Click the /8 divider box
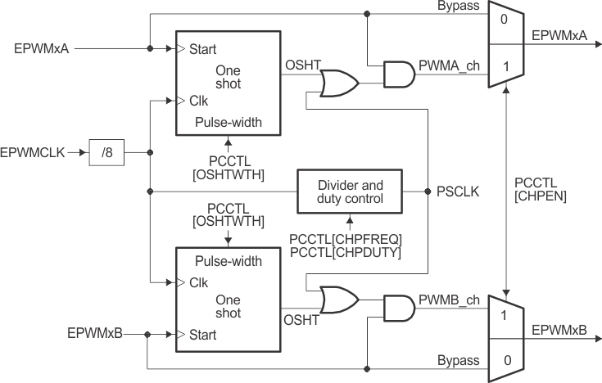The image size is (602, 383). point(107,152)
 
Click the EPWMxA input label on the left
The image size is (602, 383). point(41,48)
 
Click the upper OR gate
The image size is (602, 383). point(338,82)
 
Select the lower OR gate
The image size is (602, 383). point(338,300)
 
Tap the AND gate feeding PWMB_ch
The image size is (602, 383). point(397,308)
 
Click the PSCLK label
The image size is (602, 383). point(459,192)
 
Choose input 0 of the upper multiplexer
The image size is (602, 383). point(505,18)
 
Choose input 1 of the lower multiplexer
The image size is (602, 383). point(505,314)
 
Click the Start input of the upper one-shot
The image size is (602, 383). point(201,49)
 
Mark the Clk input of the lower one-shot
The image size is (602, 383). point(197,282)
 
